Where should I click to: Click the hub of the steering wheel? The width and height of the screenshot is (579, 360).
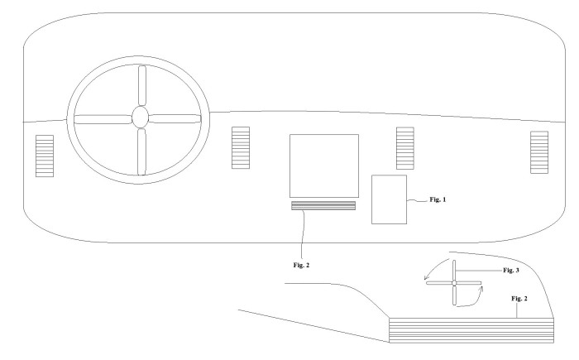141,118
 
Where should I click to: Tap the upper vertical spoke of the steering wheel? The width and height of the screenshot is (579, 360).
141,86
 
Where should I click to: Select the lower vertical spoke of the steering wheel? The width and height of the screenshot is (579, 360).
141,151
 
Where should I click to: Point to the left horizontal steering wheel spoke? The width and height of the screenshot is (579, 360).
103,119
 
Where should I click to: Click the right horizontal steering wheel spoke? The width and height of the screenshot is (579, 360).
175,118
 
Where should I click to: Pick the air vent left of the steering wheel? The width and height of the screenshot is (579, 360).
45,156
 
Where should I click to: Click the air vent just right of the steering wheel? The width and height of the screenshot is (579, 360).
241,148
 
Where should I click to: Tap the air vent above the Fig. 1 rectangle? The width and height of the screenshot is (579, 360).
405,148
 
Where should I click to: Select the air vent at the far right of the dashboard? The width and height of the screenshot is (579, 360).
539,152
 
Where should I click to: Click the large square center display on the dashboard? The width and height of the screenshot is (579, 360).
324,166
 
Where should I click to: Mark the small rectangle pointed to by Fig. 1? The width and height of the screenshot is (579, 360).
390,199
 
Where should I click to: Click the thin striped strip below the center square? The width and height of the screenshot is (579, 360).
323,206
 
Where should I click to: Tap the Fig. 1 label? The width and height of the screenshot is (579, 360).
438,199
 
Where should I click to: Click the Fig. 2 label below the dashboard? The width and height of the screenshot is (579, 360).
301,265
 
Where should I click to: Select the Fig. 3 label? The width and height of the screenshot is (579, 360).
511,270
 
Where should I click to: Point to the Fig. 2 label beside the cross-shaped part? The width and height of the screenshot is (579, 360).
519,298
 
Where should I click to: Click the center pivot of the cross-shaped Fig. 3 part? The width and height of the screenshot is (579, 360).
454,283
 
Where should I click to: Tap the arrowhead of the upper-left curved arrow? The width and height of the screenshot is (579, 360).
426,277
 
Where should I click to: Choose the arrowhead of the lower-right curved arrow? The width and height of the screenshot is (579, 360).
481,288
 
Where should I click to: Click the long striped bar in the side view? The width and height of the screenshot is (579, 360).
471,330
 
